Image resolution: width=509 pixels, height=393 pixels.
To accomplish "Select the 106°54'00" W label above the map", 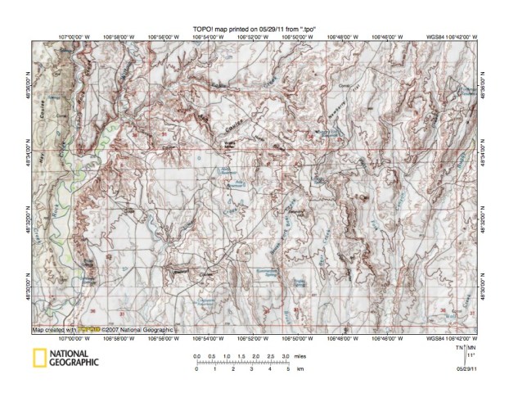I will click(210, 37).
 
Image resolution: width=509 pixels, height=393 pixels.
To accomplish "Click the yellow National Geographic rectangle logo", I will click(38, 357).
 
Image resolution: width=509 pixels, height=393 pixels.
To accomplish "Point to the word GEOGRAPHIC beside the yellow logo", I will click(73, 361).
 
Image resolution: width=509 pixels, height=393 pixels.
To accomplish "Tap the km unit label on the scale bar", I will click(300, 370).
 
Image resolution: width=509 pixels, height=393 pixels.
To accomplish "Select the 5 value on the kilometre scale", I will click(286, 370).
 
